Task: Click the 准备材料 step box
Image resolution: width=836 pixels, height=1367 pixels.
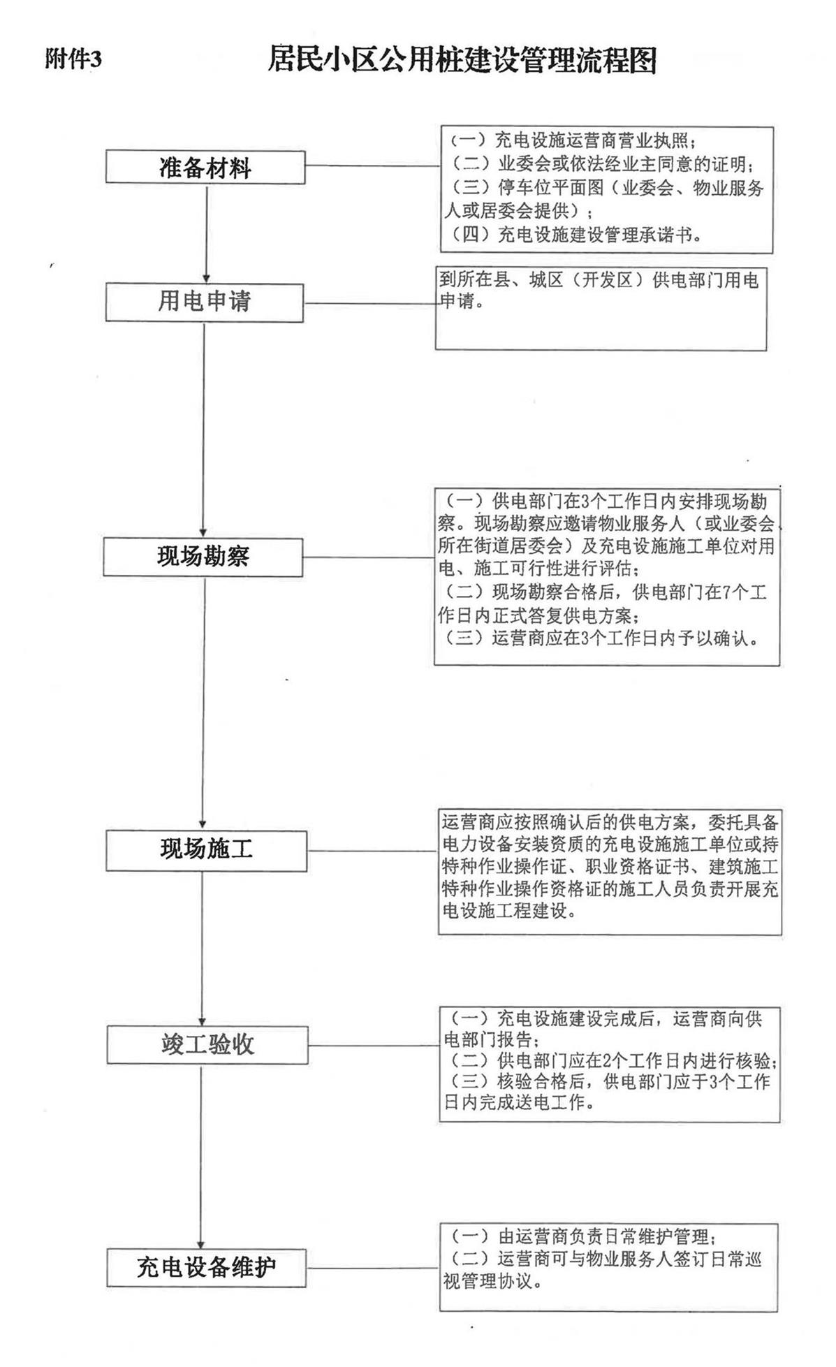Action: [x=205, y=168]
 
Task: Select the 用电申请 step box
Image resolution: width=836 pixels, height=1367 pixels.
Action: [x=204, y=302]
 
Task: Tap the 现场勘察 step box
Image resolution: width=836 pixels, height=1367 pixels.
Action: [x=203, y=557]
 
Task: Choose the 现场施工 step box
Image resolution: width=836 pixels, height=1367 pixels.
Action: [x=206, y=850]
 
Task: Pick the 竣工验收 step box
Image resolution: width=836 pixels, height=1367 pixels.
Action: [x=207, y=1045]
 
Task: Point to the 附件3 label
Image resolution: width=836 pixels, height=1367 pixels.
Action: [x=73, y=60]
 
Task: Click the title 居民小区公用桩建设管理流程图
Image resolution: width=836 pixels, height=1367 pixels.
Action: [x=462, y=60]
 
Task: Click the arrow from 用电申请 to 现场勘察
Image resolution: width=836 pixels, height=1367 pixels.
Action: [x=204, y=430]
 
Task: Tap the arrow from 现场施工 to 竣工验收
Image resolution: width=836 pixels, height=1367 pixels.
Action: [x=203, y=949]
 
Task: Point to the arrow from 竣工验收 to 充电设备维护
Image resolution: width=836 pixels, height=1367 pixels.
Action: [x=202, y=1155]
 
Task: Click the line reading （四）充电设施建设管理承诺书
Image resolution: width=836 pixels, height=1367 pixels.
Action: [x=575, y=235]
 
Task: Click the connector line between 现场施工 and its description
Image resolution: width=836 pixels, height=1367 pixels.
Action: [x=373, y=851]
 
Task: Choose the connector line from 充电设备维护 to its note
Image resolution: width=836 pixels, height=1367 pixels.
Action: [x=374, y=1268]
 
